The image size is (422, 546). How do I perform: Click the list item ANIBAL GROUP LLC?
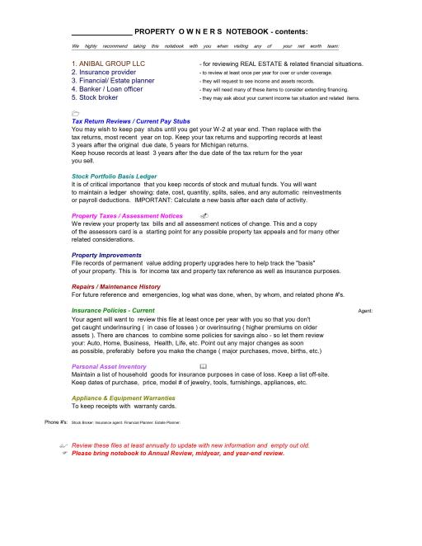point(108,64)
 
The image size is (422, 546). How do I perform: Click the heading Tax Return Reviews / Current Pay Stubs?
point(131,121)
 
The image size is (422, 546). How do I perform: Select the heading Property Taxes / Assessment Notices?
point(127,215)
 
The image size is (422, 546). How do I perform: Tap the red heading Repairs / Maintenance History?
point(116,286)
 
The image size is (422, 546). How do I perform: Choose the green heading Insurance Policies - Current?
point(113,310)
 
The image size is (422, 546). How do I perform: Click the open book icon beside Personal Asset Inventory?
point(203,365)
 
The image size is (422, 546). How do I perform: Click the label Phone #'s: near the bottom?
point(56,421)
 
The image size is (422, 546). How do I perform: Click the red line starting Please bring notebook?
point(178,453)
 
